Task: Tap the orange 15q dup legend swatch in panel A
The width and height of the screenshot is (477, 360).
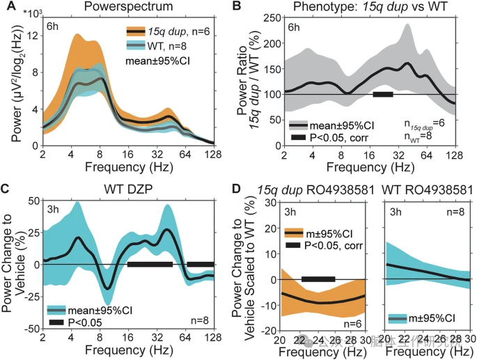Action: click(135, 31)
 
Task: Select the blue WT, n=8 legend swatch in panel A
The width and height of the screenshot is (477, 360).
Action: click(135, 46)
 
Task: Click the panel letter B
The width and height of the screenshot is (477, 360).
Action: click(237, 8)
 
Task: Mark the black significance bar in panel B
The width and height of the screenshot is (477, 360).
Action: click(383, 94)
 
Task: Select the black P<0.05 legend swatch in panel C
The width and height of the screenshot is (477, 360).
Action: click(58, 322)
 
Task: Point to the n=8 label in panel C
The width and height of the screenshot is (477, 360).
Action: click(196, 321)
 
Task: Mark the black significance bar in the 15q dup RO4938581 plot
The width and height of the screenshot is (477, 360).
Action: click(318, 279)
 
